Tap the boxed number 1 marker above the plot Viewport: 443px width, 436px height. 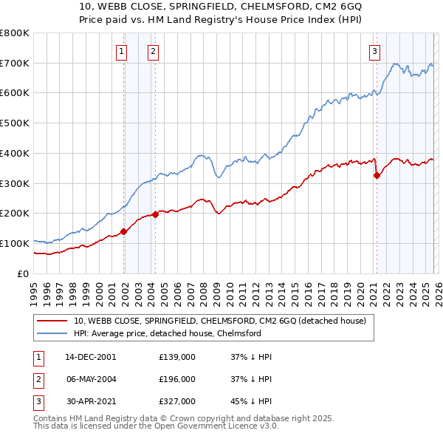click(121, 51)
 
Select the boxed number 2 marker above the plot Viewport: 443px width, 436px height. click(153, 51)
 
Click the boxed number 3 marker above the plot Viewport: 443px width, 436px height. click(374, 51)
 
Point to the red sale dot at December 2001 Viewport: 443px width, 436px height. click(124, 231)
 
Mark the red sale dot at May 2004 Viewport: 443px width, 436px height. click(155, 214)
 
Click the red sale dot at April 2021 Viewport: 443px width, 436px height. click(377, 175)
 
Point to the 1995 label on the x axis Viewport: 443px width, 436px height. click(34, 291)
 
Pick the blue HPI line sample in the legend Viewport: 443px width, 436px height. click(52, 333)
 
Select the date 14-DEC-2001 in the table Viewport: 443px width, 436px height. click(91, 357)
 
